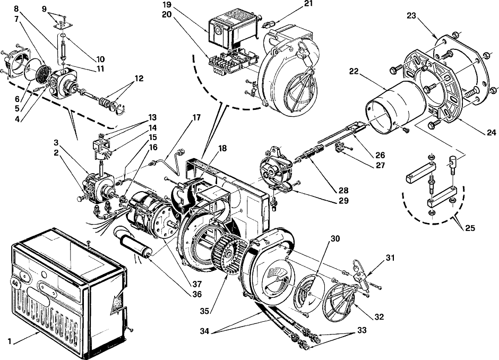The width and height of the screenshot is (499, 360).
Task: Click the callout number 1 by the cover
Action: pos(9,341)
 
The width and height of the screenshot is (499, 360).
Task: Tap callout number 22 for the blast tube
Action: pos(354,71)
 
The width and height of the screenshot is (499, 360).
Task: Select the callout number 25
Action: pos(470,228)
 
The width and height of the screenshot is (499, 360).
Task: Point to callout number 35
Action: pos(204,311)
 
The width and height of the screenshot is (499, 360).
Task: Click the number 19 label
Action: pos(167,5)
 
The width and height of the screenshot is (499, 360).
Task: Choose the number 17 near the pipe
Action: pos(196,118)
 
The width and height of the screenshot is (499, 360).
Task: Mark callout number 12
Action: pos(139,78)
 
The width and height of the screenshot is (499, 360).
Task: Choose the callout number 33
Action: pos(362,330)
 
